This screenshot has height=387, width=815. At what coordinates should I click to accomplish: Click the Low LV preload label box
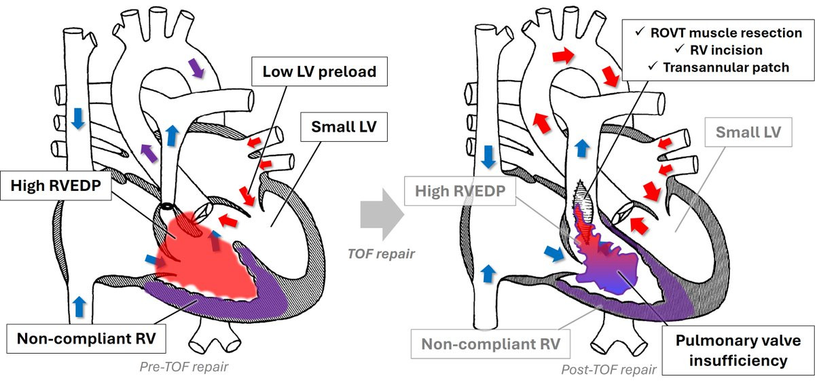314,71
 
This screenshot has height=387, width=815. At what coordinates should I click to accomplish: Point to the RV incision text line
725,50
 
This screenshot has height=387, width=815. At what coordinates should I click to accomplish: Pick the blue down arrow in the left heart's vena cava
78,119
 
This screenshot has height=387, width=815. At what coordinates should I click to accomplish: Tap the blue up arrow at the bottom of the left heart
81,305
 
